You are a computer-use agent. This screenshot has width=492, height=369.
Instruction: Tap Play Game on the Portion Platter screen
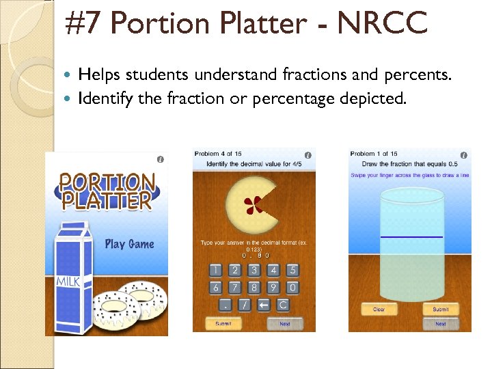coord(129,244)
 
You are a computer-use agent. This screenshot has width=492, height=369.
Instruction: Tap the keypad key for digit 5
coord(292,271)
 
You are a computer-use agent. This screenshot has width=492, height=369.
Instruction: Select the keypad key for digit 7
coord(234,288)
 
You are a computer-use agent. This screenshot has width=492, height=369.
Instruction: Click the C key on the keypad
coord(282,305)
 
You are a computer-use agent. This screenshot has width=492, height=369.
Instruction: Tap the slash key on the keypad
coord(244,305)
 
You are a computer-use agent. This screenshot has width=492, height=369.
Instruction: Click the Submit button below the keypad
coord(223,323)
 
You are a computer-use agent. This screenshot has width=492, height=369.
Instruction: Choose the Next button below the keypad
coord(285,323)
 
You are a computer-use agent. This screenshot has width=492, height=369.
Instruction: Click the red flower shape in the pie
coord(253,203)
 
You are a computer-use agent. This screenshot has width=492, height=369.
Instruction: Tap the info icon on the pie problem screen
coord(307,156)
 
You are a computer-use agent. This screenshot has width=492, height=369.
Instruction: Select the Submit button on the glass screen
coord(441,310)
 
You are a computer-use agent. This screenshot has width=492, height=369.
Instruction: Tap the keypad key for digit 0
coord(292,288)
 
